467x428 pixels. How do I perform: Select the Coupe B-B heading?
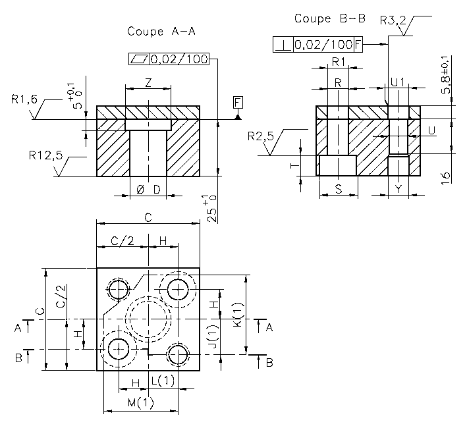(329, 18)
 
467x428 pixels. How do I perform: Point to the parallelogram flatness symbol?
(139, 59)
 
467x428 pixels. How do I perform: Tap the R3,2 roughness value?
(394, 20)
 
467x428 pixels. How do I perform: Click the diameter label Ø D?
(148, 190)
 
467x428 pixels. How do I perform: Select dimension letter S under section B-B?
(338, 189)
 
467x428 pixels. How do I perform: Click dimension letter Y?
(398, 189)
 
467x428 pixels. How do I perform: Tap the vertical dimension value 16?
(446, 176)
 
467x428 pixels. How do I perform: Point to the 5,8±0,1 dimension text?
(446, 75)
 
